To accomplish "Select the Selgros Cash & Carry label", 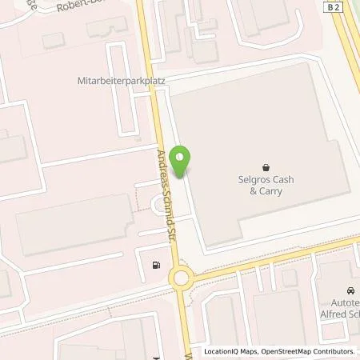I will (266, 186).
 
